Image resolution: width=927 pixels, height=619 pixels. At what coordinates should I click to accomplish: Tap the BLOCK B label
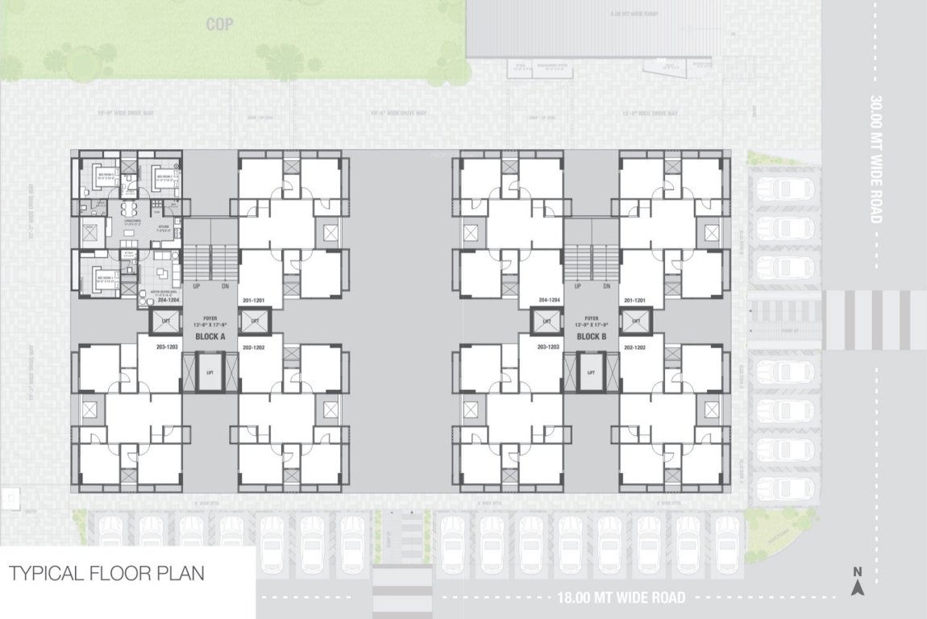[591, 336]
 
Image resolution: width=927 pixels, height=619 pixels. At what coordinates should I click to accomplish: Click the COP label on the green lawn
[219, 25]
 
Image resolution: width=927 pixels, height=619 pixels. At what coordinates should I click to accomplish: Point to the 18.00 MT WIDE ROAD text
[621, 598]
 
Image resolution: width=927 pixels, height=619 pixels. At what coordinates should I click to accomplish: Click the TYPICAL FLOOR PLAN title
[106, 574]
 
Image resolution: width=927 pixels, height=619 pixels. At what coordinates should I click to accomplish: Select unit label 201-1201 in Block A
[254, 300]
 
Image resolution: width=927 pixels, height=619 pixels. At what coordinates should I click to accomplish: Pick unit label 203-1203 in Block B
[547, 347]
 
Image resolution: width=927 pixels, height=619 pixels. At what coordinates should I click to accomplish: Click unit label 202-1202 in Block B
[634, 347]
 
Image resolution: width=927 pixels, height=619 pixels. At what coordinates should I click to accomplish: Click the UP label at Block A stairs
[196, 286]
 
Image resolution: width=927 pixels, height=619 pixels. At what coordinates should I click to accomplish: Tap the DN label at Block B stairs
[605, 286]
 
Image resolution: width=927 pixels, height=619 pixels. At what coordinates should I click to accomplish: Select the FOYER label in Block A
[211, 318]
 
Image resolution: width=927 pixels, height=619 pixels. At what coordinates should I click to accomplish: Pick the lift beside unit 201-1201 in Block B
[634, 321]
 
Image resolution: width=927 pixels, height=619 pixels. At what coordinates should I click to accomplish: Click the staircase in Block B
[591, 263]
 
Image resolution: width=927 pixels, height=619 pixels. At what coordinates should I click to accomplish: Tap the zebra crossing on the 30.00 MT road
[874, 320]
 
